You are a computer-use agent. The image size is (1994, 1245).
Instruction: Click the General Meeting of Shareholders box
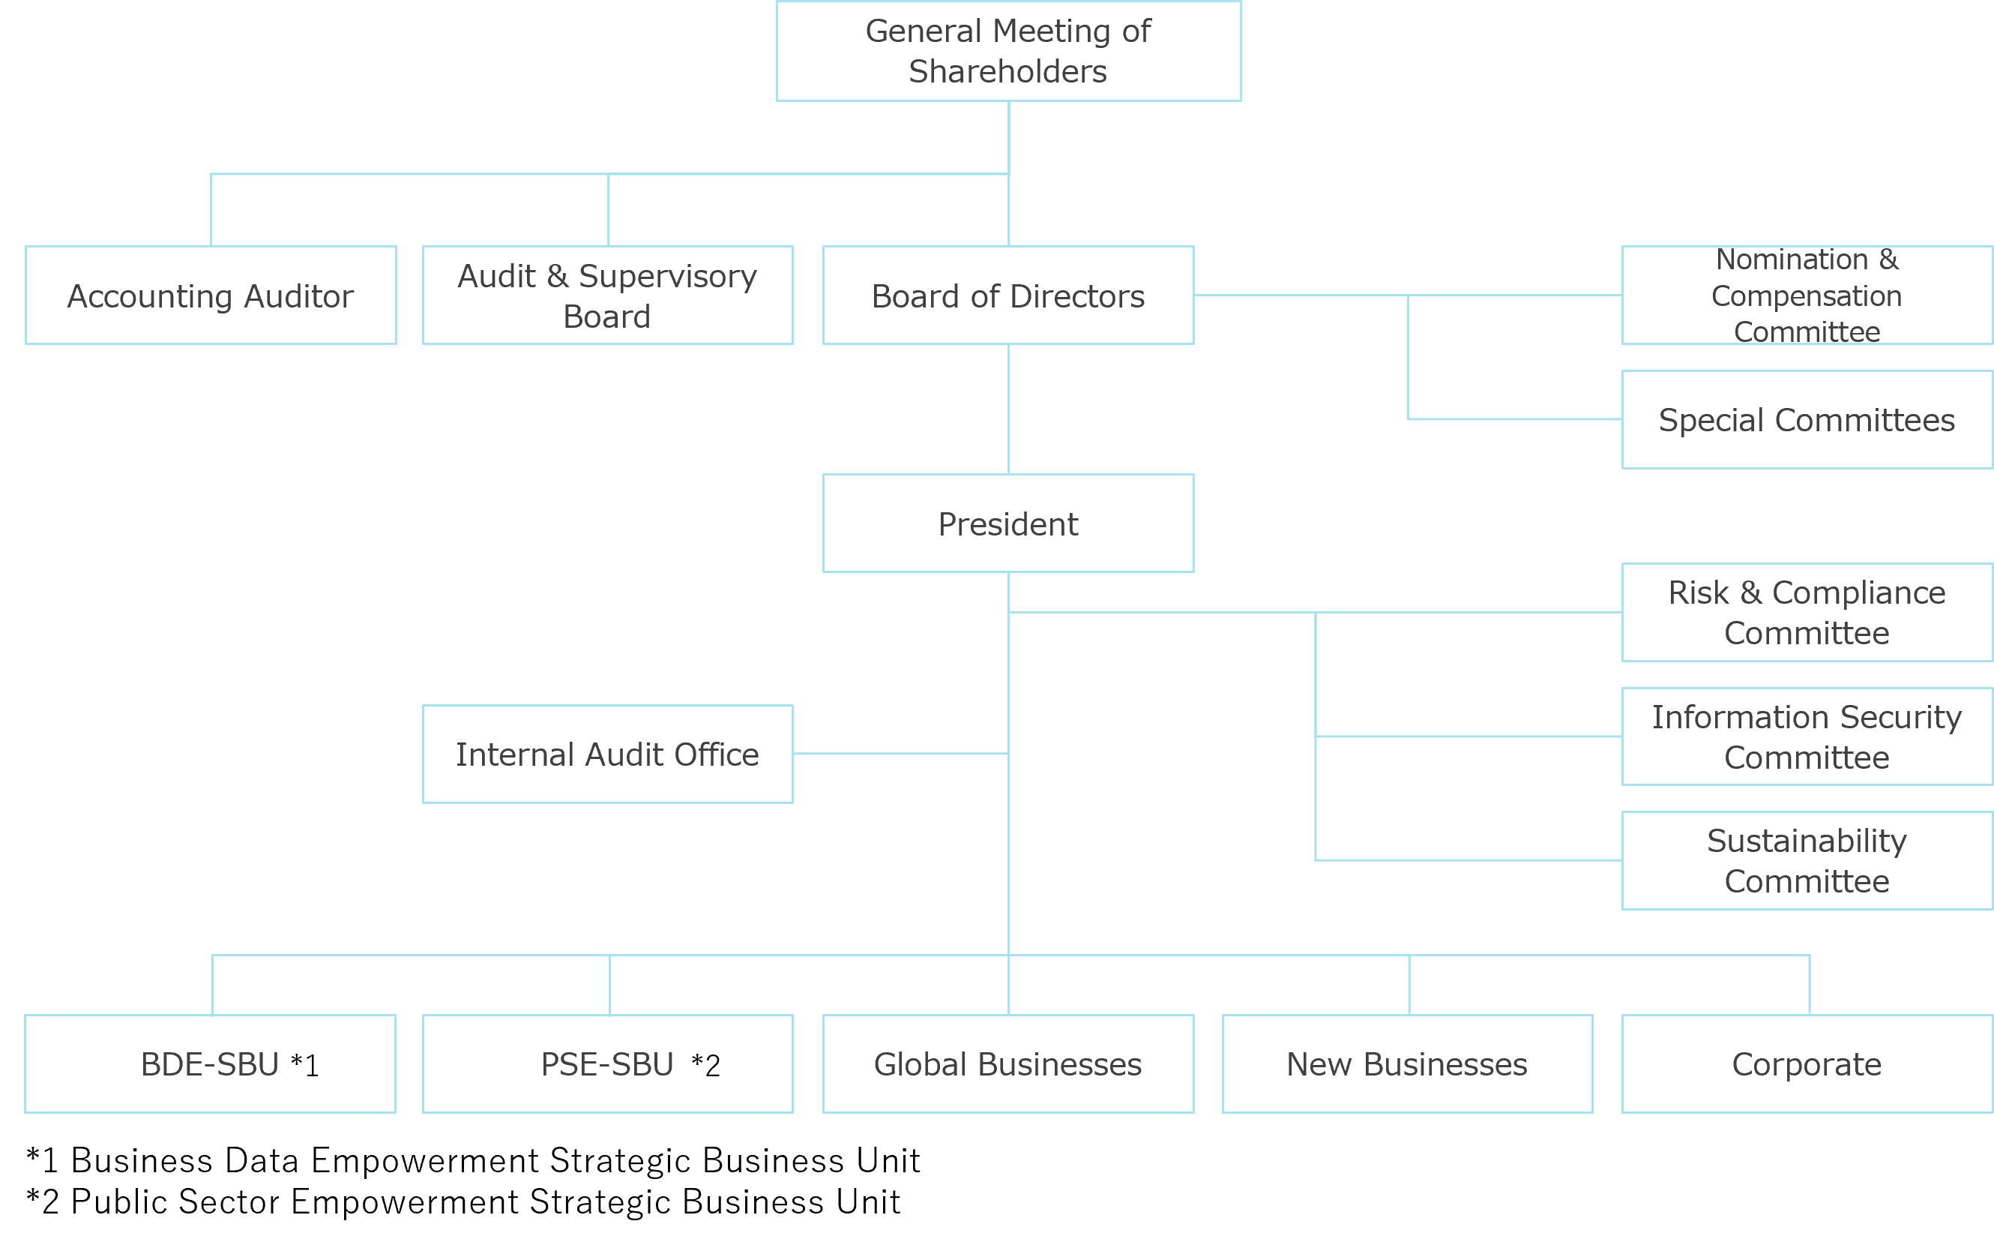[x=1008, y=51]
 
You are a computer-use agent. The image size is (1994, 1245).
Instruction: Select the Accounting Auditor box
[x=211, y=295]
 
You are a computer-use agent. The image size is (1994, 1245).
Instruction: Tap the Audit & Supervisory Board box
[x=607, y=295]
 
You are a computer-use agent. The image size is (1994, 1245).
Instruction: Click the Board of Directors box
[x=1008, y=295]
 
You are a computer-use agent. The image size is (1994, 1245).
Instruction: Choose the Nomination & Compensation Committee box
[x=1807, y=295]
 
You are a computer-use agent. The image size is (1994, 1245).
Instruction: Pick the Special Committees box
[x=1807, y=420]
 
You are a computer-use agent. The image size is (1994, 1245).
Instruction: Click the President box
[x=1008, y=523]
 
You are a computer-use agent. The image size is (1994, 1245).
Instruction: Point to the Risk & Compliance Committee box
[x=1807, y=613]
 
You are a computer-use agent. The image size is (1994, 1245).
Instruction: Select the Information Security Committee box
[x=1807, y=737]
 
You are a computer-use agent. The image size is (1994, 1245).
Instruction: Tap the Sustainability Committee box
[x=1807, y=861]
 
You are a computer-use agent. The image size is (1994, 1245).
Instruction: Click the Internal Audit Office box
[x=607, y=754]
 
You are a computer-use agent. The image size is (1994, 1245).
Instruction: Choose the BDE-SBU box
[x=211, y=1063]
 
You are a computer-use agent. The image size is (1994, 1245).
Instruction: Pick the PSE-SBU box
[x=607, y=1063]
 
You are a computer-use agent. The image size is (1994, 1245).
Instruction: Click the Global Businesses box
[x=1008, y=1063]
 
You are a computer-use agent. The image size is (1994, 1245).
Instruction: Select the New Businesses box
[x=1407, y=1063]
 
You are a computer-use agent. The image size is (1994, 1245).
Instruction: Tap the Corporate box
[x=1807, y=1063]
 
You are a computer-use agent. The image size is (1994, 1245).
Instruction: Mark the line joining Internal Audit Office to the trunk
[x=900, y=754]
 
